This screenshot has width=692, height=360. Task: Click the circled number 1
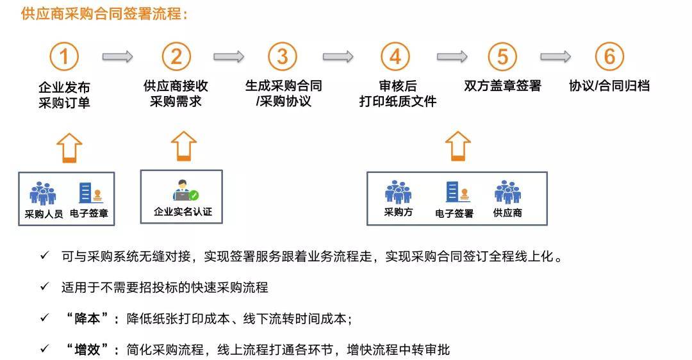click(x=64, y=56)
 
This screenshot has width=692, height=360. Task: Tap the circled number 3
click(x=283, y=56)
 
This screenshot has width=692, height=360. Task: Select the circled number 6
click(x=609, y=56)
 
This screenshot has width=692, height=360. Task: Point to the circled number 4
click(x=395, y=56)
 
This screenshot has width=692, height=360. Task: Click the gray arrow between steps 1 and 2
click(x=117, y=56)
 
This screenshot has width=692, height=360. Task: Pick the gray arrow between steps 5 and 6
click(x=556, y=56)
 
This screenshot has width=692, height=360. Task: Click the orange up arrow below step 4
click(x=458, y=146)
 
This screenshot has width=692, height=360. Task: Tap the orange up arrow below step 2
click(x=184, y=146)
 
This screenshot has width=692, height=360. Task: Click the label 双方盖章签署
click(x=502, y=86)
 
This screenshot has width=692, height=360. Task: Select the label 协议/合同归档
click(x=609, y=86)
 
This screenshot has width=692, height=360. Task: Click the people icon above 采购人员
click(x=42, y=193)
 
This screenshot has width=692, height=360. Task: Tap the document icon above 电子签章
click(x=91, y=193)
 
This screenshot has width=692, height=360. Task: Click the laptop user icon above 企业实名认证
click(x=185, y=191)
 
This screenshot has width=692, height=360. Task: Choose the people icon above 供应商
click(x=508, y=192)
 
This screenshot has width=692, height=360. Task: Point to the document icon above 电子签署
click(x=457, y=192)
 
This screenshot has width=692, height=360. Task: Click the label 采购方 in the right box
click(x=399, y=212)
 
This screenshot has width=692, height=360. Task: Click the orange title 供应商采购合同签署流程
click(x=104, y=13)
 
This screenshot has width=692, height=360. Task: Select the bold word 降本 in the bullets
click(x=87, y=318)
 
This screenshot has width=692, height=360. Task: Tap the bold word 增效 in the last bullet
click(x=87, y=350)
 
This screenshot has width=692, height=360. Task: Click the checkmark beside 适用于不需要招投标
click(x=45, y=287)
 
